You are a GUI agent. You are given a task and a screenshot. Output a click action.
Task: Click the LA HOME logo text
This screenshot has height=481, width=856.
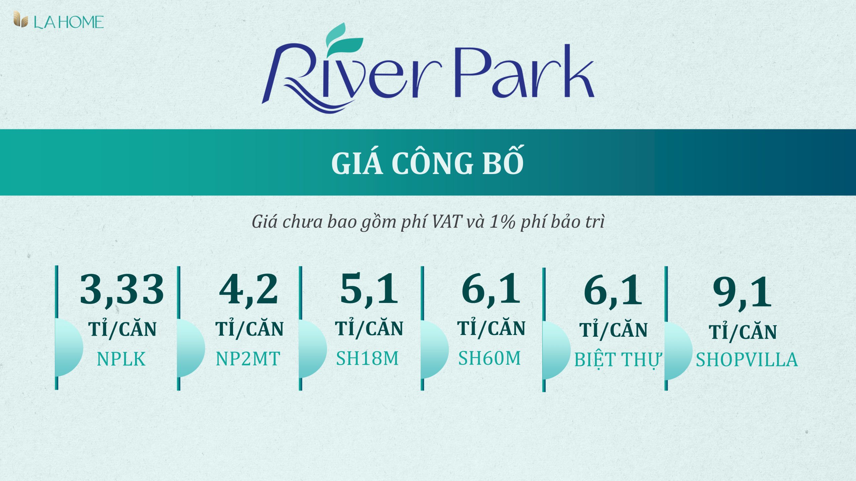click(x=69, y=22)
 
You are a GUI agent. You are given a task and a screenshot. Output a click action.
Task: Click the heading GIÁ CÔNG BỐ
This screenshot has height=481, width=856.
click(x=427, y=163)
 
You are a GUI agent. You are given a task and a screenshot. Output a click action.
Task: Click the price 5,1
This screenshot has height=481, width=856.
click(x=369, y=289)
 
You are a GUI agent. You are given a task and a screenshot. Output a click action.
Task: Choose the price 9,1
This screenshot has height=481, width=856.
click(x=742, y=293)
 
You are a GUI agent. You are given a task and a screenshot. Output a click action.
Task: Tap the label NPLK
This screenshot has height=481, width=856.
click(x=121, y=359)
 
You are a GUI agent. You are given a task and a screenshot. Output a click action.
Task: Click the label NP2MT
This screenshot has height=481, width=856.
click(x=248, y=359)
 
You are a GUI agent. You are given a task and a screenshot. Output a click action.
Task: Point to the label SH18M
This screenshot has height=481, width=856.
click(x=367, y=358)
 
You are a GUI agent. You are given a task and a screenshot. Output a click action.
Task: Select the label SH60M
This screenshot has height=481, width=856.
click(x=490, y=358)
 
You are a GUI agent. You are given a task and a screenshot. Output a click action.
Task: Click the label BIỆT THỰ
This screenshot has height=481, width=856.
click(x=617, y=360)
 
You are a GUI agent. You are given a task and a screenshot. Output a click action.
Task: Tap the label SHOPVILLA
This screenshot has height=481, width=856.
click(x=747, y=360)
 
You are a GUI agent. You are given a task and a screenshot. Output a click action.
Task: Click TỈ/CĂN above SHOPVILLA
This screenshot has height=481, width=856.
click(x=743, y=332)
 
